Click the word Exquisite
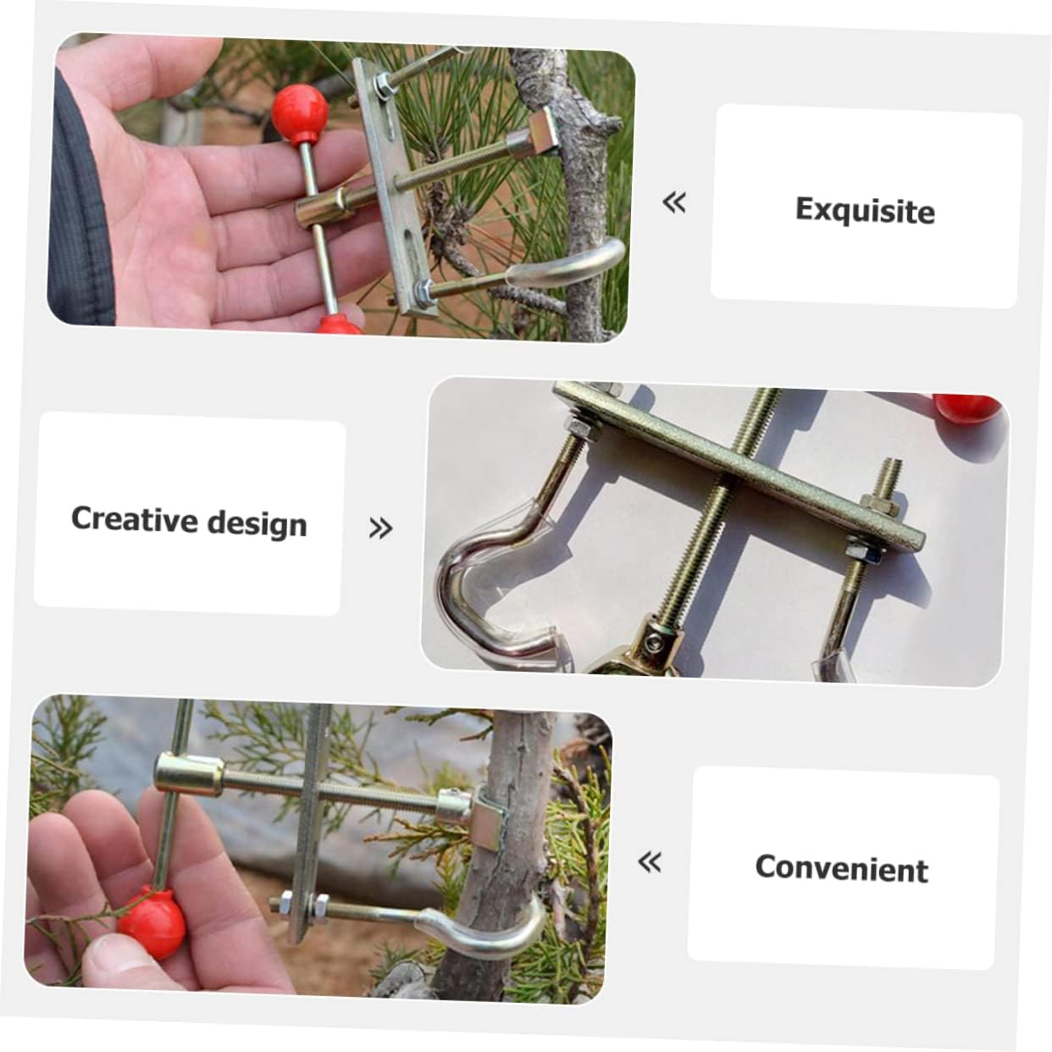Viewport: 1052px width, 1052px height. (x=865, y=210)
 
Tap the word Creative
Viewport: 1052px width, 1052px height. (x=133, y=518)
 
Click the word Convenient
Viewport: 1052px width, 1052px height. (x=841, y=868)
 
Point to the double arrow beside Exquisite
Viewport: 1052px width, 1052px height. (x=674, y=202)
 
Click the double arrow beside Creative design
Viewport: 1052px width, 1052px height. (x=381, y=529)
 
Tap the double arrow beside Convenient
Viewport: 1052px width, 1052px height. (x=650, y=862)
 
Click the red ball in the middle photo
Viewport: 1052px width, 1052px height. (x=968, y=408)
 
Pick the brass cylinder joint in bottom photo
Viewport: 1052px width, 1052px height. (x=188, y=774)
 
